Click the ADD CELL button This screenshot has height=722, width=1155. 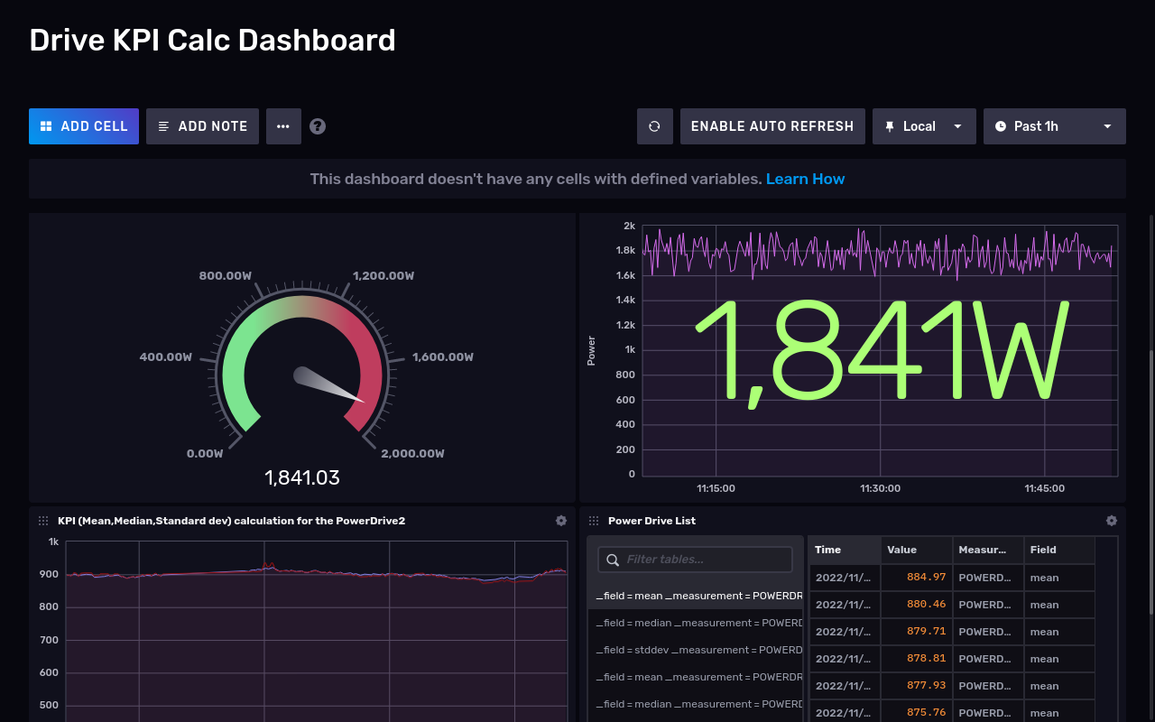(84, 126)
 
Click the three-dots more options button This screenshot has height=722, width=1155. (283, 126)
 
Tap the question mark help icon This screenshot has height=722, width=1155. (318, 126)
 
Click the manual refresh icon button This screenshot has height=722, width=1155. (655, 126)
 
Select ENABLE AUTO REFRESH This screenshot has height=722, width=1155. (772, 126)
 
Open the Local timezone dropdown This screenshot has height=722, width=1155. (924, 126)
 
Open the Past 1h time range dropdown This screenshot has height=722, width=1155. (1054, 126)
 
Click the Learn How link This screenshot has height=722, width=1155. (805, 179)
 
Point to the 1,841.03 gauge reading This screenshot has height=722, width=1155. (302, 477)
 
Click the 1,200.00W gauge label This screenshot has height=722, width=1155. (383, 275)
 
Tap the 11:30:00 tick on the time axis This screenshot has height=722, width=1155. (880, 488)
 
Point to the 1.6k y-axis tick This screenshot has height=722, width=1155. (625, 275)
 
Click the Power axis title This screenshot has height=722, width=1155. (592, 350)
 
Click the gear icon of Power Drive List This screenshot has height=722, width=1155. (1112, 521)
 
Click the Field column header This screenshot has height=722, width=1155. (1043, 550)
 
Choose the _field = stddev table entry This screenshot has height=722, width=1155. (695, 650)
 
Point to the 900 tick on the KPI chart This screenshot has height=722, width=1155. (49, 574)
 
